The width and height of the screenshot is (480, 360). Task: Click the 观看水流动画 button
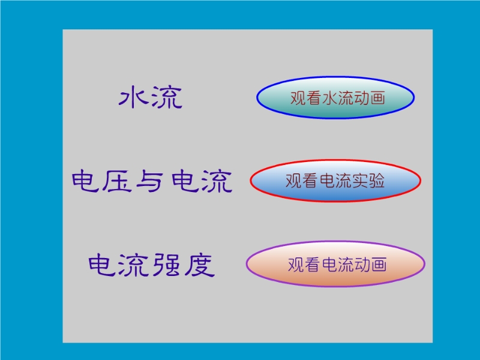pyautogui.click(x=335, y=97)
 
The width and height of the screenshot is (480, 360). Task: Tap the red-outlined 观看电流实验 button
pyautogui.click(x=335, y=181)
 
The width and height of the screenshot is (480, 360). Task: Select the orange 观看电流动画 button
pyautogui.click(x=335, y=264)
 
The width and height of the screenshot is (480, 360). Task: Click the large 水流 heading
pyautogui.click(x=151, y=97)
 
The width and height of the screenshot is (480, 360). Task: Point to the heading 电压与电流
pyautogui.click(x=152, y=181)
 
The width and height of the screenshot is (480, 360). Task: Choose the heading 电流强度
pyautogui.click(x=152, y=265)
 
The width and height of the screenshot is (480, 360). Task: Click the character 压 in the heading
pyautogui.click(x=117, y=181)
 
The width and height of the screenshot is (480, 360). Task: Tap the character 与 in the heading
pyautogui.click(x=149, y=181)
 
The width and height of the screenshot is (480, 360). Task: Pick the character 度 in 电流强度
pyautogui.click(x=199, y=265)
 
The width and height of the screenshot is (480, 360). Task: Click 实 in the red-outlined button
pyautogui.click(x=360, y=181)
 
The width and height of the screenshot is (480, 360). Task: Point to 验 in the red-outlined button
pyautogui.click(x=377, y=181)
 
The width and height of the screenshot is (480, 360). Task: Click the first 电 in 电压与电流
pyautogui.click(x=86, y=181)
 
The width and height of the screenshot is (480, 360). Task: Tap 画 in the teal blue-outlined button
pyautogui.click(x=377, y=98)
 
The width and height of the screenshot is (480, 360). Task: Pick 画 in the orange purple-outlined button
pyautogui.click(x=379, y=265)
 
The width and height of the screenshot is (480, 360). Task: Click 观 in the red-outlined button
pyautogui.click(x=293, y=181)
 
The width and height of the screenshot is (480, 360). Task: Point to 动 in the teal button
pyautogui.click(x=361, y=98)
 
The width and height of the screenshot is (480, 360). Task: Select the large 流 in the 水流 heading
pyautogui.click(x=167, y=97)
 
